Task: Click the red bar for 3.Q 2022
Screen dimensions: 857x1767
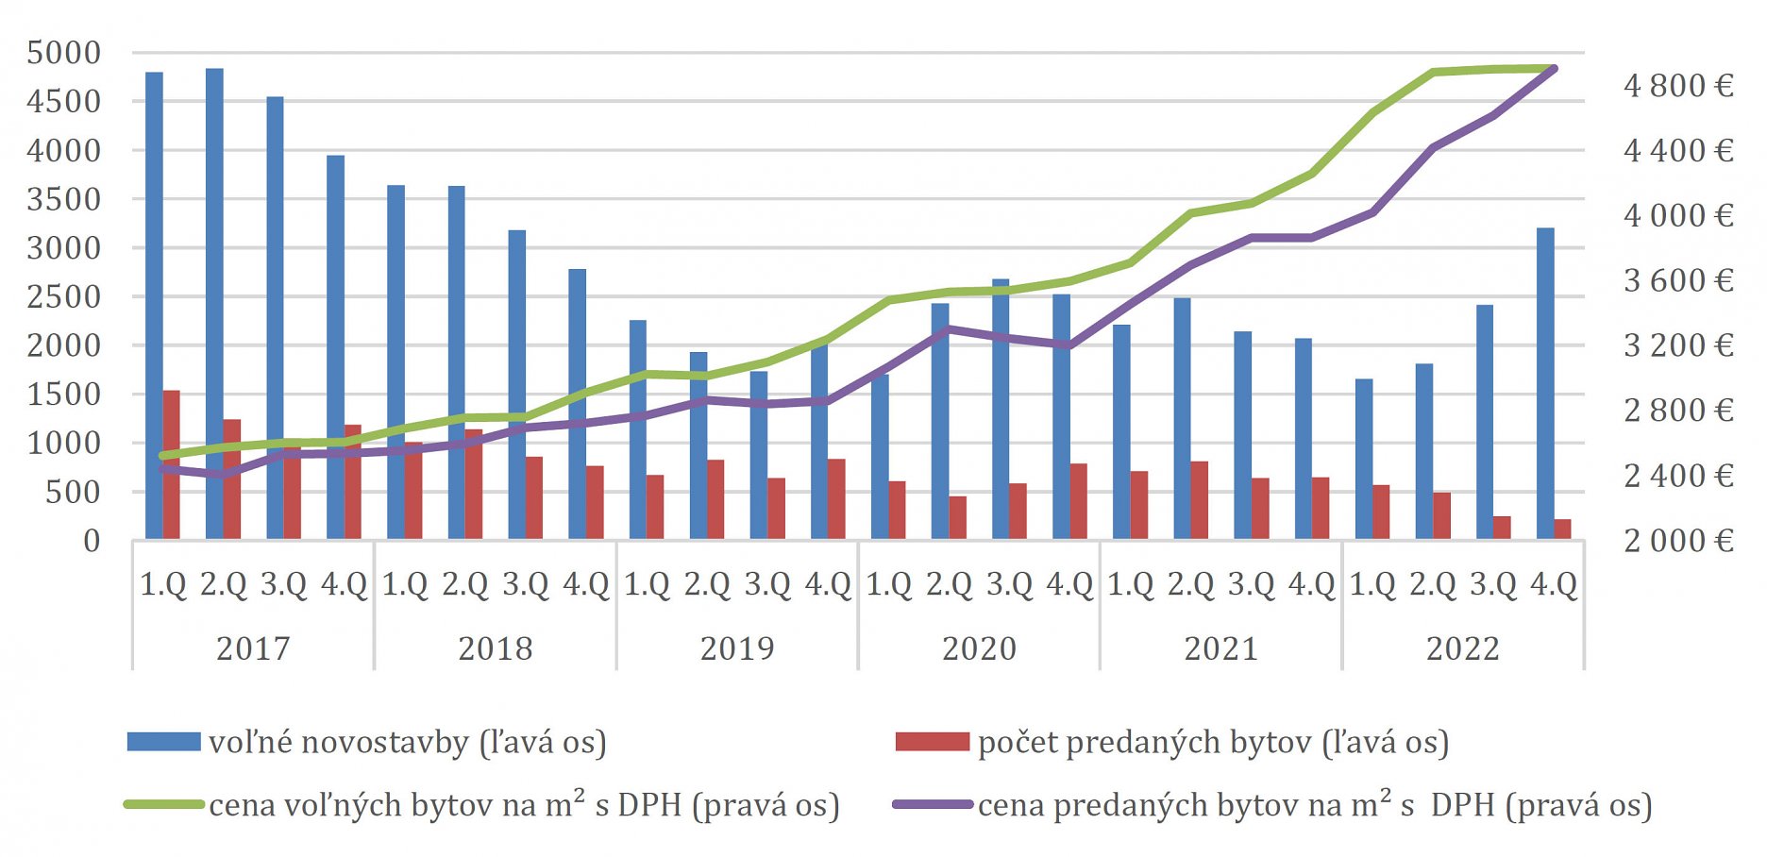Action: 1502,528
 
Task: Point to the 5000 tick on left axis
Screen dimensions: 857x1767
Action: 63,53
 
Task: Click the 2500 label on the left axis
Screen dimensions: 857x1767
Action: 63,296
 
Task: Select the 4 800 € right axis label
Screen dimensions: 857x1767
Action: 1678,86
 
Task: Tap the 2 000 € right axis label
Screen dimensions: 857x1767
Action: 1678,540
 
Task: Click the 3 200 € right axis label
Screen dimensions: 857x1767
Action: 1678,345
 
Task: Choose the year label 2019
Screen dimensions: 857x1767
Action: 736,648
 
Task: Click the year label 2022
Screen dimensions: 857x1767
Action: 1462,648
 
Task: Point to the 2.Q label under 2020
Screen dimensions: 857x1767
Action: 949,584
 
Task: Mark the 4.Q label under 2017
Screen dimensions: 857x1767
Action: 344,584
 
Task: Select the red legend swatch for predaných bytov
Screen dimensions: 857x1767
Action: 932,742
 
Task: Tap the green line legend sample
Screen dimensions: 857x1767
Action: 163,804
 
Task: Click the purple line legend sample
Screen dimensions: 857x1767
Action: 932,804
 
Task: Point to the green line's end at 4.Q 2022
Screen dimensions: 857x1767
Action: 1553,68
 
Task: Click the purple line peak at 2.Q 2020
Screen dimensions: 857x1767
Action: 949,328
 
